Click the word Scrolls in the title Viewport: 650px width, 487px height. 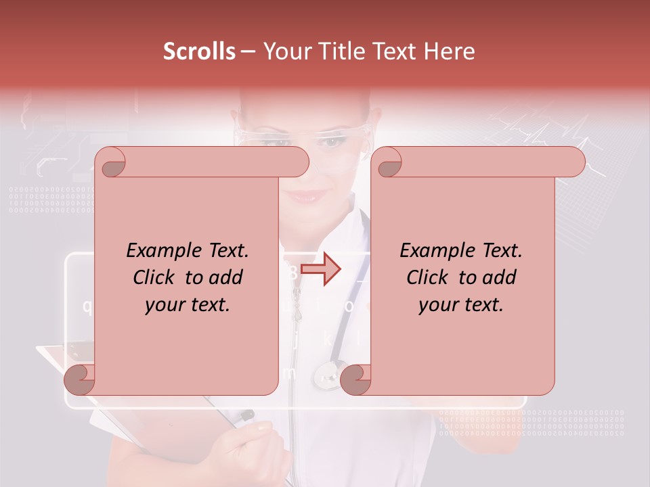point(199,51)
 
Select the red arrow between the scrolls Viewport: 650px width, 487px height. point(320,269)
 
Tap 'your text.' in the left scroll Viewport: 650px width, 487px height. point(188,304)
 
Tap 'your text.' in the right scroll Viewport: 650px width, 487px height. point(461,304)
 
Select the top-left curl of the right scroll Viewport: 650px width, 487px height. point(388,163)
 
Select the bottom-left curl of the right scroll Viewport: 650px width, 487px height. point(356,379)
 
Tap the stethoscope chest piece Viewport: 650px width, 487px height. point(328,373)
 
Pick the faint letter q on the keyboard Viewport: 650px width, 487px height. point(87,306)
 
